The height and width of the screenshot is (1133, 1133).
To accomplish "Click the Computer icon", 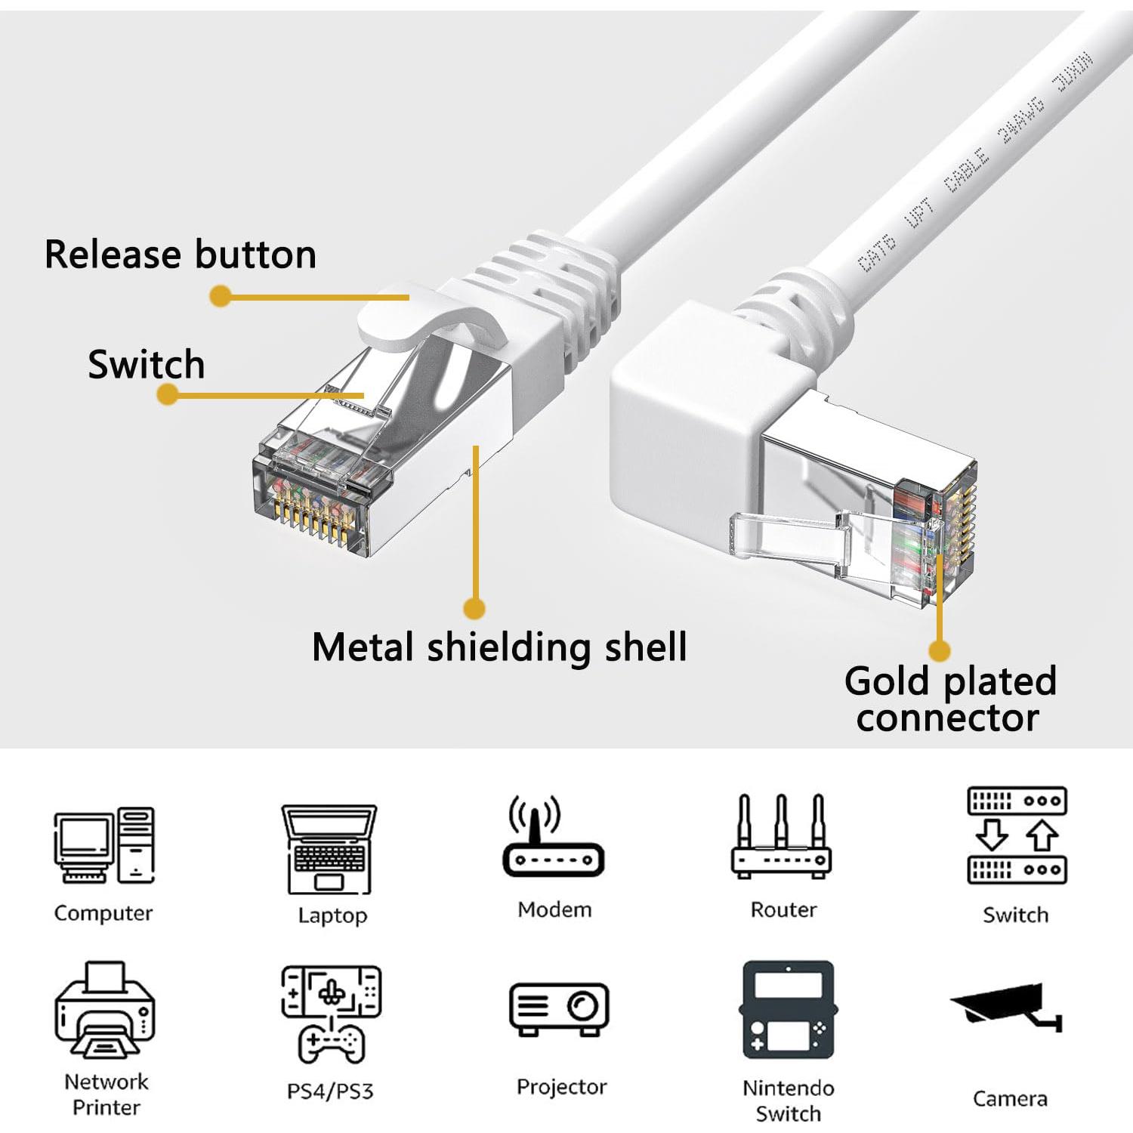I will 103,845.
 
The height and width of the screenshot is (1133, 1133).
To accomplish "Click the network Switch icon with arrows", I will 1017,835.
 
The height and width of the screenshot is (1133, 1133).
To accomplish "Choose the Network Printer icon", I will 105,1010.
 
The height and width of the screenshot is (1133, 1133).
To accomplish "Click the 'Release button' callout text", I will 181,255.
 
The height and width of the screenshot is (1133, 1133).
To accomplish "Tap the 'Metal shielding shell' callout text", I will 499,647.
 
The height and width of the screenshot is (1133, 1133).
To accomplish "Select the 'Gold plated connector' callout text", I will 949,699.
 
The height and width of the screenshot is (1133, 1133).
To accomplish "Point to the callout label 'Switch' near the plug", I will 147,365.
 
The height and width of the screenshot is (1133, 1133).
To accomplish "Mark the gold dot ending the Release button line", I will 220,296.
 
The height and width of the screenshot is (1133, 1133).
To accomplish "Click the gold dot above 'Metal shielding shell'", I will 474,608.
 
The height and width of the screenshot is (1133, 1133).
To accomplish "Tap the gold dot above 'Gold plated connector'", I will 939,650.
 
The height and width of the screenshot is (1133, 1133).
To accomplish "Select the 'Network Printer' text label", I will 106,1094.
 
